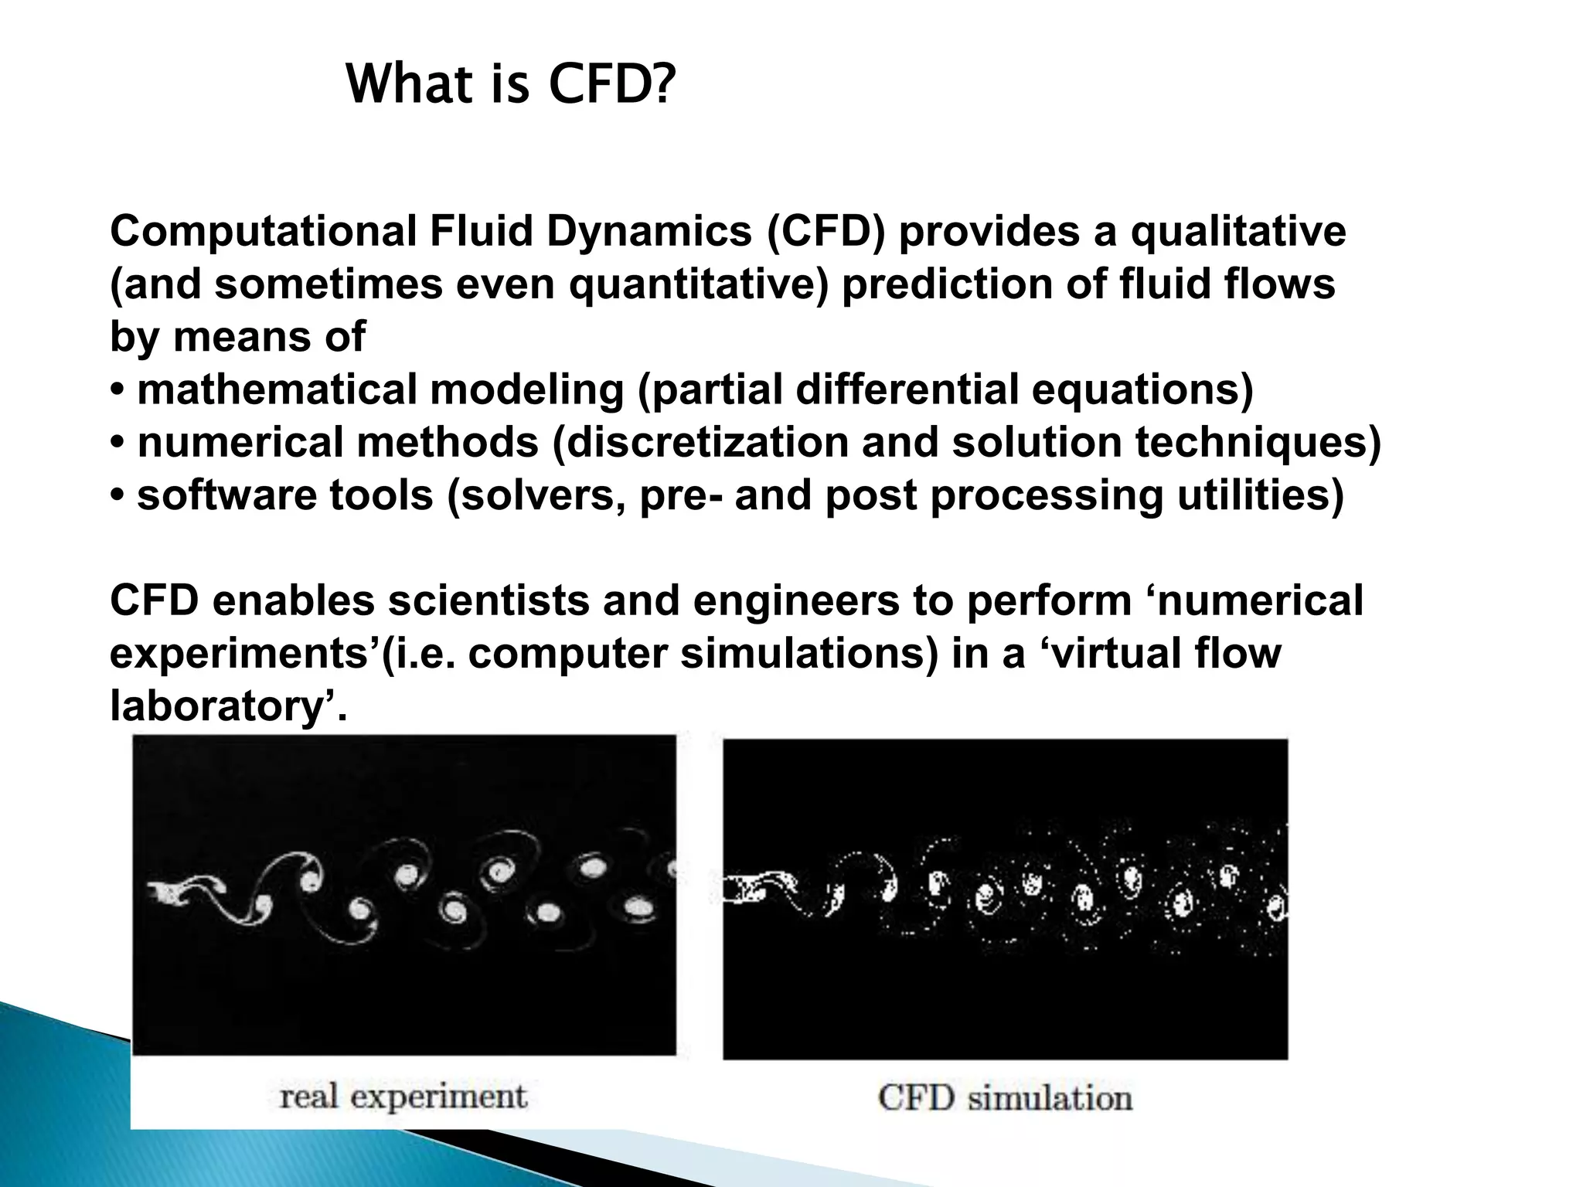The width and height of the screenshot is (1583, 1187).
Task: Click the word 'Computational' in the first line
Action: click(264, 231)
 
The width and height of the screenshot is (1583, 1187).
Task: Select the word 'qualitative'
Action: click(1238, 231)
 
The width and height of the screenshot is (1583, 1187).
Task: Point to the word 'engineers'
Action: click(796, 600)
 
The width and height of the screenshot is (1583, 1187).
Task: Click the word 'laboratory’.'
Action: click(229, 706)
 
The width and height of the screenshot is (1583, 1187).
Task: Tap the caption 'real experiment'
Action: click(403, 1097)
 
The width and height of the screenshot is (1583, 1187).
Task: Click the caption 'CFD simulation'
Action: click(1005, 1098)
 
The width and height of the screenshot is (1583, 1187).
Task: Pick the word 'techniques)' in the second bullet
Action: click(1258, 442)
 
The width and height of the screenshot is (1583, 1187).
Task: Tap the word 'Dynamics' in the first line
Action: click(649, 231)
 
